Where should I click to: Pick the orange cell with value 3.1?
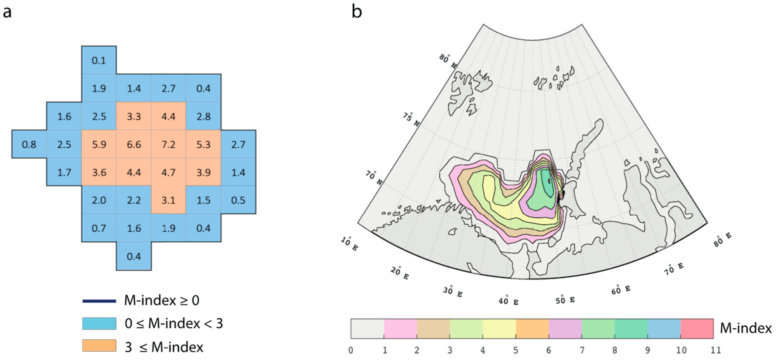coord(168,200)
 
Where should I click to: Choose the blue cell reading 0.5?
coord(238,200)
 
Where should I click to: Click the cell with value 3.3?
coord(134,116)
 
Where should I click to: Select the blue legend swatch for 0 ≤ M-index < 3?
coord(99,323)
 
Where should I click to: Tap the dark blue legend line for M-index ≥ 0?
coord(99,301)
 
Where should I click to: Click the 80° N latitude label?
coord(447,61)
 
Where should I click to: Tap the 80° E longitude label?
coord(722,240)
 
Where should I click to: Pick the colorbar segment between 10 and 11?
coord(697,328)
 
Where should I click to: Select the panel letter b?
coord(357,12)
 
